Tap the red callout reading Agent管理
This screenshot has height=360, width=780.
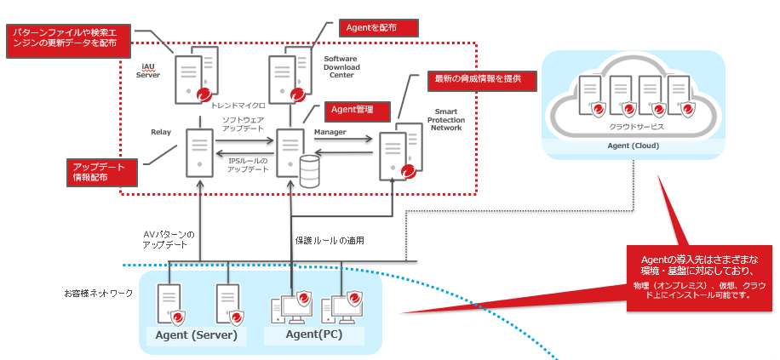(x=358, y=110)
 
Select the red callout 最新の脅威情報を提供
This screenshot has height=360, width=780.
(x=484, y=80)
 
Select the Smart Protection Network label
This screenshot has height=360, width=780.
(x=445, y=120)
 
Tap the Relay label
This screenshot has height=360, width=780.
(x=161, y=133)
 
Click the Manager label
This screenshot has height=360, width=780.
(x=330, y=133)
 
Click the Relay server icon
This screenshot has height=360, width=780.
(x=199, y=154)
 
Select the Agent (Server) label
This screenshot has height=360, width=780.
(x=201, y=335)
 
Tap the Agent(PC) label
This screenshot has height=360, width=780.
(x=314, y=335)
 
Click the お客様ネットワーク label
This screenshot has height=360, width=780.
(x=99, y=294)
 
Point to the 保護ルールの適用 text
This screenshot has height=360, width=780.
(x=330, y=241)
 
